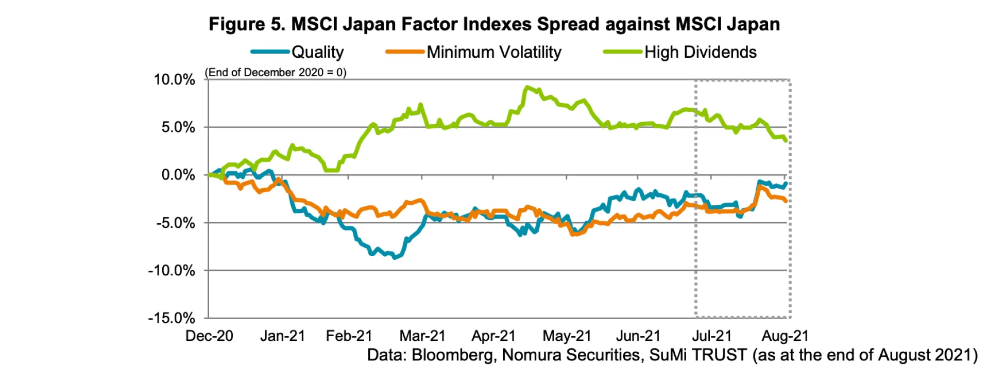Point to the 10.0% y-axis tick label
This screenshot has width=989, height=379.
click(x=175, y=79)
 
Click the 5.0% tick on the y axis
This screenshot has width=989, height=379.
click(x=178, y=127)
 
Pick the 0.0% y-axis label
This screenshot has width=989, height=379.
click(x=178, y=175)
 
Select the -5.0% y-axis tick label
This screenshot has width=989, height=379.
click(x=176, y=223)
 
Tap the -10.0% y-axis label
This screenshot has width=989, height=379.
click(x=172, y=270)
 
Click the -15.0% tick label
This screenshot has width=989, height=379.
click(x=172, y=318)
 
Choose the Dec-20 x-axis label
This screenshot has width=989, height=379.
click(x=209, y=336)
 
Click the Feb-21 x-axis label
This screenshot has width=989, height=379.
click(x=349, y=336)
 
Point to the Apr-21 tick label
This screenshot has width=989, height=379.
click(x=493, y=336)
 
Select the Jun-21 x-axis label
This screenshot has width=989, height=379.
click(x=638, y=336)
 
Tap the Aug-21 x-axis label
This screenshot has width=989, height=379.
click(x=785, y=336)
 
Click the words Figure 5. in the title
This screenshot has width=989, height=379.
click(x=247, y=24)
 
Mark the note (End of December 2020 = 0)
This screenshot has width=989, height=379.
click(x=276, y=72)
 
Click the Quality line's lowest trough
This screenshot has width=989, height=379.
click(x=395, y=257)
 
